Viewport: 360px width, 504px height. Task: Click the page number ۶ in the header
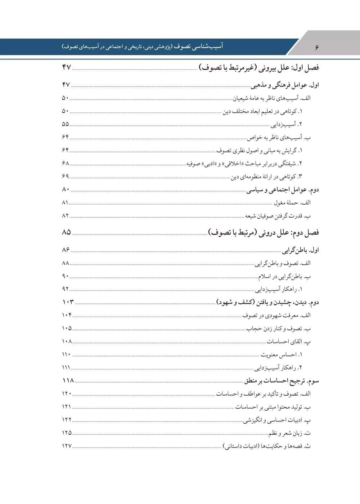317,48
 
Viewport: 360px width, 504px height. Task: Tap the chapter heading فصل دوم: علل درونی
264,233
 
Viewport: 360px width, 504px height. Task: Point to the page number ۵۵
65,124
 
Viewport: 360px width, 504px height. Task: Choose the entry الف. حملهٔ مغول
292,203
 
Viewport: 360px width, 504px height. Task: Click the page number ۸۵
66,232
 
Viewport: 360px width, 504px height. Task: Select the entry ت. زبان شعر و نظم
289,433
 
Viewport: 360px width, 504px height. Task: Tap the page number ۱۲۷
67,446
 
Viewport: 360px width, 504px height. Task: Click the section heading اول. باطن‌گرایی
301,250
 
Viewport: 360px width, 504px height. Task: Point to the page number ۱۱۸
68,380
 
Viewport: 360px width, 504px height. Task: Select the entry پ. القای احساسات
289,342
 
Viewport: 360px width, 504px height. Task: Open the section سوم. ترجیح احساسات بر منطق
282,381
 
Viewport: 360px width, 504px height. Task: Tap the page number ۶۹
65,176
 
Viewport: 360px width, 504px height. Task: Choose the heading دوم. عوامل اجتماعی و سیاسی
283,190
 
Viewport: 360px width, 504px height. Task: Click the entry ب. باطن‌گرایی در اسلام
284,277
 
